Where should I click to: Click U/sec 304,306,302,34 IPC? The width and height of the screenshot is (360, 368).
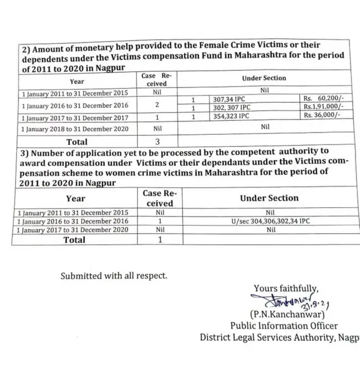point(270,221)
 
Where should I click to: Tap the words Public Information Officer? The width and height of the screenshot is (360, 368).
point(283,326)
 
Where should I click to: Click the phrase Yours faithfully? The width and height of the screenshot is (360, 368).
point(286,289)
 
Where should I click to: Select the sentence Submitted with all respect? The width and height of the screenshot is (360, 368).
point(114,276)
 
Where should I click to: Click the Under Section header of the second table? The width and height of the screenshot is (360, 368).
point(269,198)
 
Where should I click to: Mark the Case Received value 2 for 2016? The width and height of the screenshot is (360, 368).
point(157,105)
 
